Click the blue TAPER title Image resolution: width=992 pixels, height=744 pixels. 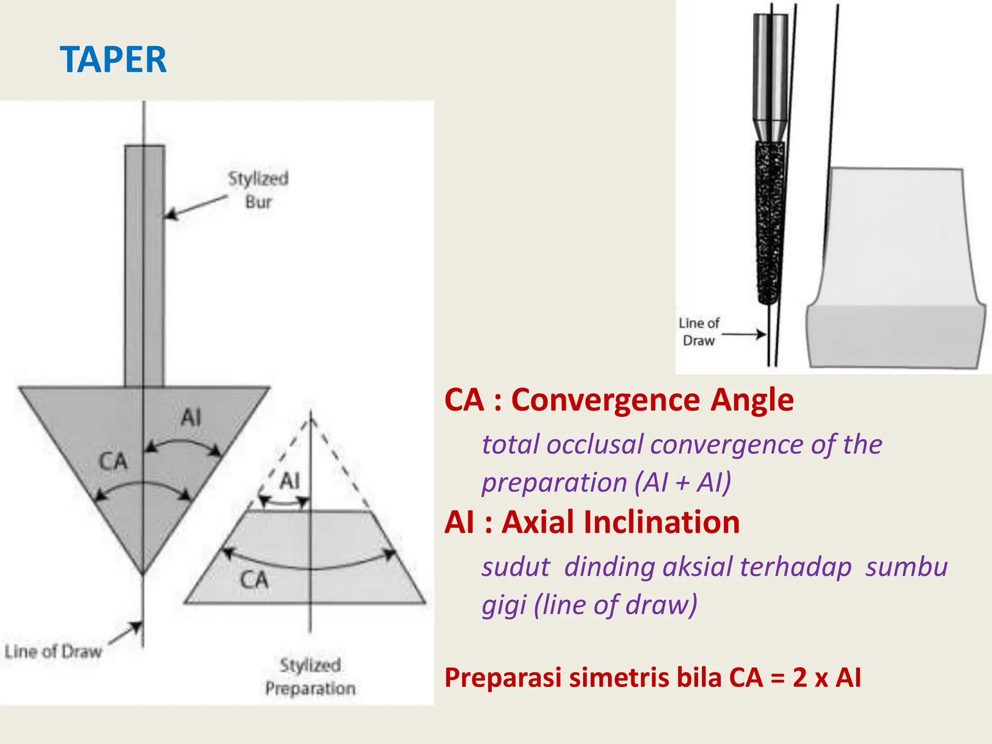click(113, 60)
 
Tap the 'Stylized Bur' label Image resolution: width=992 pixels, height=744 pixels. click(258, 190)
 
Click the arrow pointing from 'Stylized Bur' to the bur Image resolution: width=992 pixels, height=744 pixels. click(196, 207)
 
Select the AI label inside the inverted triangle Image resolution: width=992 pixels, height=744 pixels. click(191, 417)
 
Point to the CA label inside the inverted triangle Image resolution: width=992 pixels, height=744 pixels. click(113, 461)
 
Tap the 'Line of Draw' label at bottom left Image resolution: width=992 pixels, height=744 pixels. click(53, 651)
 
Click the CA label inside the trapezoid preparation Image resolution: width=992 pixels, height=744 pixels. click(254, 579)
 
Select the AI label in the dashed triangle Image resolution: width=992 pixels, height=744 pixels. click(290, 481)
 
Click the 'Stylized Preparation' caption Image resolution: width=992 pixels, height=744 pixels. click(310, 677)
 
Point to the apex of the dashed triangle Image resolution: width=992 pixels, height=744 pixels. click(311, 414)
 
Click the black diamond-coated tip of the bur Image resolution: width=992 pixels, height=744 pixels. click(770, 223)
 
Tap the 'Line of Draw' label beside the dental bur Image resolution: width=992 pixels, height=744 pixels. click(699, 332)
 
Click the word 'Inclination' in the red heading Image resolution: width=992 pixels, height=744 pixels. click(621, 522)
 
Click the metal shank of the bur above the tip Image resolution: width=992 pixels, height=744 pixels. click(770, 77)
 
